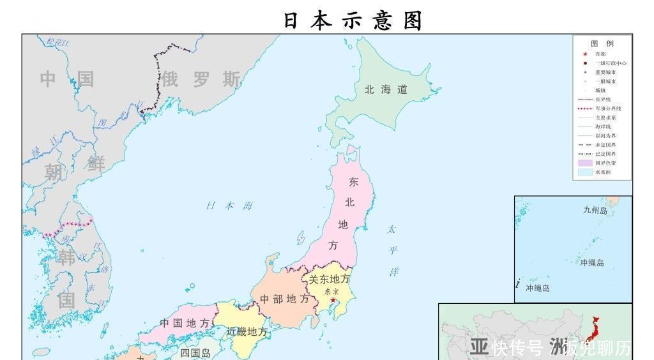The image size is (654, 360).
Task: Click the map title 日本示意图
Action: tap(353, 21)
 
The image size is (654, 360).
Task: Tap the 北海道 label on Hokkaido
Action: tap(386, 90)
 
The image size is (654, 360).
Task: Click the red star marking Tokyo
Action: tap(333, 300)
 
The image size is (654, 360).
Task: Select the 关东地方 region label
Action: tap(330, 280)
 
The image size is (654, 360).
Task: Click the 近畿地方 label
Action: tap(247, 332)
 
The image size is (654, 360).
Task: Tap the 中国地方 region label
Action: tap(185, 323)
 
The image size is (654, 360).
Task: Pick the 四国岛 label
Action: tap(195, 353)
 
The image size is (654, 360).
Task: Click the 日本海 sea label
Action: tap(229, 206)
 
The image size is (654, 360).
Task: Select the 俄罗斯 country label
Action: tap(201, 80)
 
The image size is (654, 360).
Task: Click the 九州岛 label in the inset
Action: tap(595, 210)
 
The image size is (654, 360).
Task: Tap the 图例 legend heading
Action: tap(602, 43)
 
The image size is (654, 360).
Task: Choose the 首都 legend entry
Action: tap(600, 54)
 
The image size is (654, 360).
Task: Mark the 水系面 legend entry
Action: tap(602, 172)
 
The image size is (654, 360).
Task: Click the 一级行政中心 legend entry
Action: tap(610, 63)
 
